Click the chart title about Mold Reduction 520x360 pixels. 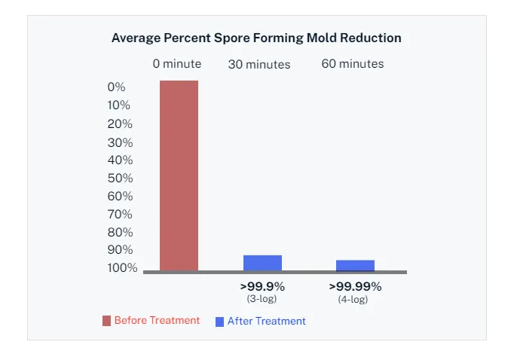[x=256, y=38]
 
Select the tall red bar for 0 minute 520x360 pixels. [x=179, y=175]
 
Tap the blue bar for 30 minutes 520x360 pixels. [x=262, y=263]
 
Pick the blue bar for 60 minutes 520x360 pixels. [x=355, y=265]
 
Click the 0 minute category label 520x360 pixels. [x=177, y=64]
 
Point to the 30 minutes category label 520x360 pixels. [x=259, y=65]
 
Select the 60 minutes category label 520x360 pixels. [x=353, y=64]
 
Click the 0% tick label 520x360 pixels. [x=116, y=87]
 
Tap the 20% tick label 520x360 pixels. [x=119, y=124]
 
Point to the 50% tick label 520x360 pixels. [x=119, y=178]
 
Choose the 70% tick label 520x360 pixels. [x=119, y=215]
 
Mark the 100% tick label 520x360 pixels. [x=121, y=268]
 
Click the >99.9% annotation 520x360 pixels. [x=262, y=286]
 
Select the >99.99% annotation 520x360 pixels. [x=355, y=286]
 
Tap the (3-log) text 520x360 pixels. [x=262, y=298]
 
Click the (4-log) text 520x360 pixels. [x=353, y=299]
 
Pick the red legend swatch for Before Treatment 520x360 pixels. [x=106, y=322]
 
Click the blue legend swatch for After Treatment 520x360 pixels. [x=219, y=322]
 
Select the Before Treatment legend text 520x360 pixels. [x=157, y=321]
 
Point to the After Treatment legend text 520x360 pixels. [x=267, y=322]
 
